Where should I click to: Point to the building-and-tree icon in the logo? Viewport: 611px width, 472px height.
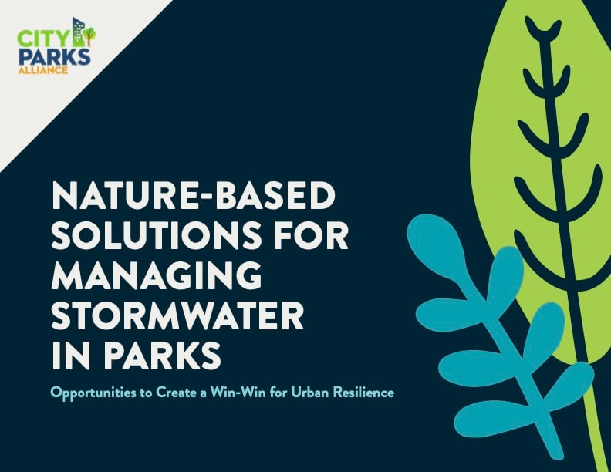pos(83,33)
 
